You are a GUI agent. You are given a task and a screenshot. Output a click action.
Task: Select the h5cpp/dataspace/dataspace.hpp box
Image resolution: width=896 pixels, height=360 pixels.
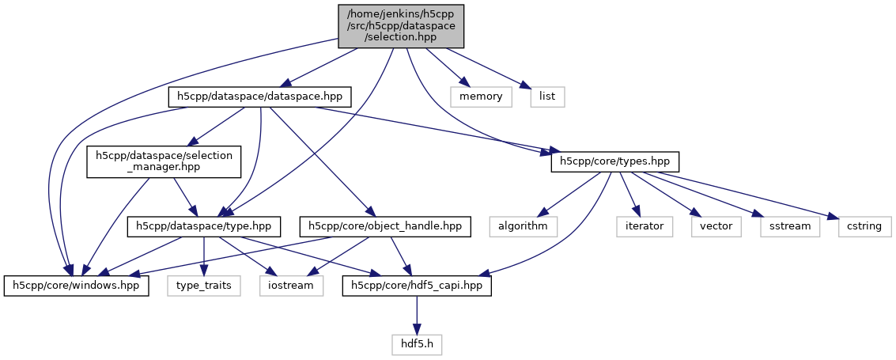[x=260, y=97]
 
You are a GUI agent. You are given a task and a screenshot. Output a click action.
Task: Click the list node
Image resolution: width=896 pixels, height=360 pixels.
[x=547, y=97]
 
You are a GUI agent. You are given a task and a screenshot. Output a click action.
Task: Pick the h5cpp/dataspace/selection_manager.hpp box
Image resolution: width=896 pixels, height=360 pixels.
[x=164, y=161]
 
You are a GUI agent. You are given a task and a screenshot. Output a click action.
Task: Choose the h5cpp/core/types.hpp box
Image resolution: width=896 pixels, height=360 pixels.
[x=614, y=161]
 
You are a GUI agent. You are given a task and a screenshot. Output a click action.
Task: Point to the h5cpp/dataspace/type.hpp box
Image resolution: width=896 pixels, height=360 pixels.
[x=204, y=226]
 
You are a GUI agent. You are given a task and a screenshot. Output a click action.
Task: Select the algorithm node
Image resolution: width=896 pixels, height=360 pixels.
[x=523, y=226]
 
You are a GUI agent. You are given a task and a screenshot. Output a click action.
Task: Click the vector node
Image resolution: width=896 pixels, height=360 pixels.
[x=716, y=226]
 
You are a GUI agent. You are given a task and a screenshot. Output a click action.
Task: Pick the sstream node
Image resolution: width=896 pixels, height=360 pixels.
[x=784, y=226]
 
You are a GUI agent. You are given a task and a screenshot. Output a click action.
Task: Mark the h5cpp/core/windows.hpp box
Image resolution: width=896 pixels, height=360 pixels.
[x=77, y=285]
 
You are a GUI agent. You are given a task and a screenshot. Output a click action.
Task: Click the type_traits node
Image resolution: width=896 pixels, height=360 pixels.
[x=204, y=285]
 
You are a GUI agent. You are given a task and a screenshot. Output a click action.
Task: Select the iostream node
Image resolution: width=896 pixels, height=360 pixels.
[x=291, y=285]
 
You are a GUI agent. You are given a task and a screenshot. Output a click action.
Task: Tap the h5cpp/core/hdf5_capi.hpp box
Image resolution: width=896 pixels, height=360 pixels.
[x=417, y=285]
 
